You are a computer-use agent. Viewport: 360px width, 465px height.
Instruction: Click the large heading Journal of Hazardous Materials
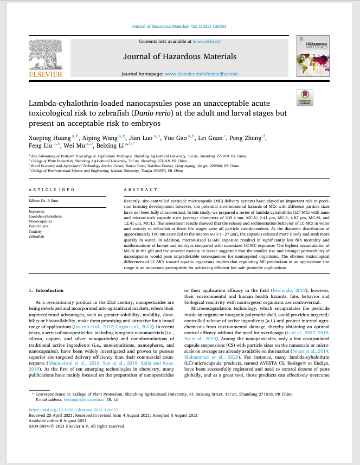[x=179, y=56]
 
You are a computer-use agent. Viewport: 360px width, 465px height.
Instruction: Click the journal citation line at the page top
[x=179, y=26]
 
